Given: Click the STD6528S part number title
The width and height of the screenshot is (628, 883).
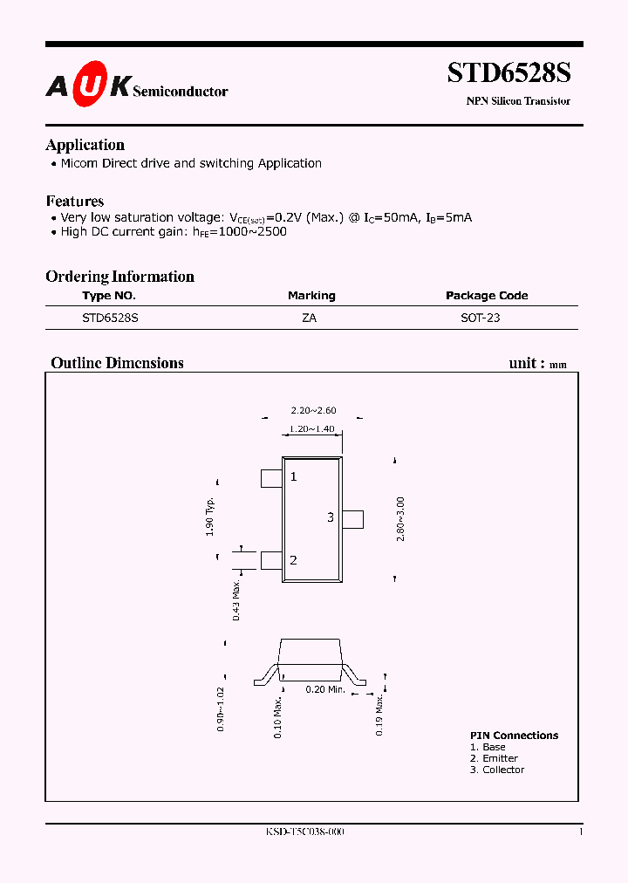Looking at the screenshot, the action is coord(509,72).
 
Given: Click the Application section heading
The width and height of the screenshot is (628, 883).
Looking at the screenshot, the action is coord(85,145).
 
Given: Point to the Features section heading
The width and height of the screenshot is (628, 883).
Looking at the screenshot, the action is coord(74,201).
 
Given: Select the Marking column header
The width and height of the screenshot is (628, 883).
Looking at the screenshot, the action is coord(311,296).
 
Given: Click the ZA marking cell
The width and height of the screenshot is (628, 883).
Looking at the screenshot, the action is coord(310,318).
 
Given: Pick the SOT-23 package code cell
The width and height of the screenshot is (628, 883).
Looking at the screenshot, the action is coord(481,318).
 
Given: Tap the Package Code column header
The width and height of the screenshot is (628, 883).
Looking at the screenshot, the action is coord(487,296).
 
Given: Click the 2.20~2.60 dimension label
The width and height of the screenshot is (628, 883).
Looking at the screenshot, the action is coord(313,411).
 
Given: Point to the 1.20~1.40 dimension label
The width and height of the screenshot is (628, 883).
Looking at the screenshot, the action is coord(312,429).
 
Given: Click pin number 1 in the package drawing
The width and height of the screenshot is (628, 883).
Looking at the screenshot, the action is coord(294,476).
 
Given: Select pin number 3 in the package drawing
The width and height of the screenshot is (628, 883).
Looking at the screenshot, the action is coord(331,517).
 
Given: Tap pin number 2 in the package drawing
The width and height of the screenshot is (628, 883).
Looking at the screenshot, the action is coord(293,560).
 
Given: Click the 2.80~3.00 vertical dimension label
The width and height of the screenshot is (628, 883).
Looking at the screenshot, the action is coord(400,519).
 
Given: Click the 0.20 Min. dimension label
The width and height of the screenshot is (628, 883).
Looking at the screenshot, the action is coord(325,689).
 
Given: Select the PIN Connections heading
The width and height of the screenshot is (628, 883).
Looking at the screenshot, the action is coord(514,736).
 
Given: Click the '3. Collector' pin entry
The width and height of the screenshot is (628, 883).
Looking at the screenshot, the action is coord(497,770).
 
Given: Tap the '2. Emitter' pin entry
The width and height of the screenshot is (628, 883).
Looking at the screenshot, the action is coord(494,758).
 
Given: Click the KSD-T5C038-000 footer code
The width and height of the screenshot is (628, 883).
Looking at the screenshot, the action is coord(304,832).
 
